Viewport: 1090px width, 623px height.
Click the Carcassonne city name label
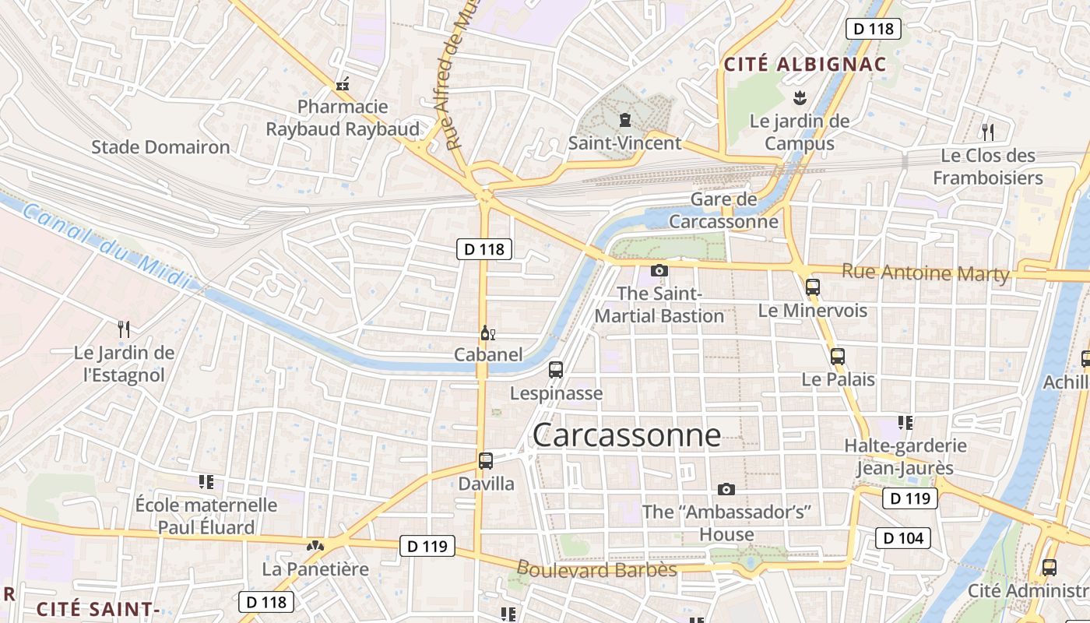pyautogui.click(x=627, y=435)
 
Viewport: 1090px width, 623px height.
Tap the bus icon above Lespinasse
pyautogui.click(x=556, y=370)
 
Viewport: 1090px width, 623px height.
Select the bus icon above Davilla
pyautogui.click(x=486, y=460)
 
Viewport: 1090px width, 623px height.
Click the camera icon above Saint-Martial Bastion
pyautogui.click(x=659, y=270)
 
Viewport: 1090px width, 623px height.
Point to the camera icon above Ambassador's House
pyautogui.click(x=726, y=489)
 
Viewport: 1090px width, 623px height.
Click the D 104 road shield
pyautogui.click(x=904, y=537)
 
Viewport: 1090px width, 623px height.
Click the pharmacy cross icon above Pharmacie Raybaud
pyautogui.click(x=342, y=84)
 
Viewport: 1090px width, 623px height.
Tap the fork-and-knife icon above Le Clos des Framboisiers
pyautogui.click(x=988, y=131)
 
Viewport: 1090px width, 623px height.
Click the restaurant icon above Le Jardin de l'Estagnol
pyautogui.click(x=124, y=329)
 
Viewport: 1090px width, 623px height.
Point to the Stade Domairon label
pyautogui.click(x=160, y=147)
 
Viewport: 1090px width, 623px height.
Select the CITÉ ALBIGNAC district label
pyautogui.click(x=805, y=65)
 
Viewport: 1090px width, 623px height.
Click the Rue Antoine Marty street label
pyautogui.click(x=925, y=273)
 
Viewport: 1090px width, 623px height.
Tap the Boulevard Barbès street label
pyautogui.click(x=596, y=569)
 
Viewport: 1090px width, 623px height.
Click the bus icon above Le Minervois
pyautogui.click(x=813, y=287)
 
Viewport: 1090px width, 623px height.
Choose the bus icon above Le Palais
pyautogui.click(x=838, y=357)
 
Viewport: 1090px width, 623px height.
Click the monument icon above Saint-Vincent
pyautogui.click(x=624, y=120)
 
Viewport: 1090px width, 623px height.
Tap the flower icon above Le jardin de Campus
pyautogui.click(x=799, y=98)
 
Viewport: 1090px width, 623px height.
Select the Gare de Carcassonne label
pyautogui.click(x=723, y=210)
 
